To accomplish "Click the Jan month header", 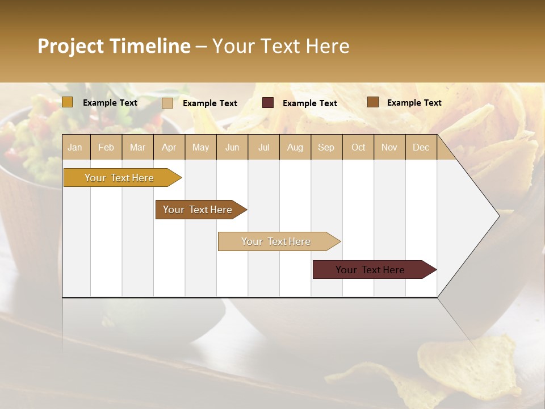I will pos(76,147).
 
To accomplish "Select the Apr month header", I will pos(169,147).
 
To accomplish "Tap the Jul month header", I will pos(263,147).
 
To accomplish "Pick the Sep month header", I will pos(326,147).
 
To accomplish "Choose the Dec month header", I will pos(421,147).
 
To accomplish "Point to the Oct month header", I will pos(358,147).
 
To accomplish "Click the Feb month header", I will pos(106,147).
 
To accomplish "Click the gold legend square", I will pos(68,102).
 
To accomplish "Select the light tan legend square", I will pos(167,103).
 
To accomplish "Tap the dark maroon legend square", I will pos(268,103).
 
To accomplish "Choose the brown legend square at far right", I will pos(373,102).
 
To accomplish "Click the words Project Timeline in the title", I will pos(114,46).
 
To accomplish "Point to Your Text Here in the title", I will pos(280,46).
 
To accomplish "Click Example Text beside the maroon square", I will pos(309,103).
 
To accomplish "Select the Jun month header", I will pos(232,147).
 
